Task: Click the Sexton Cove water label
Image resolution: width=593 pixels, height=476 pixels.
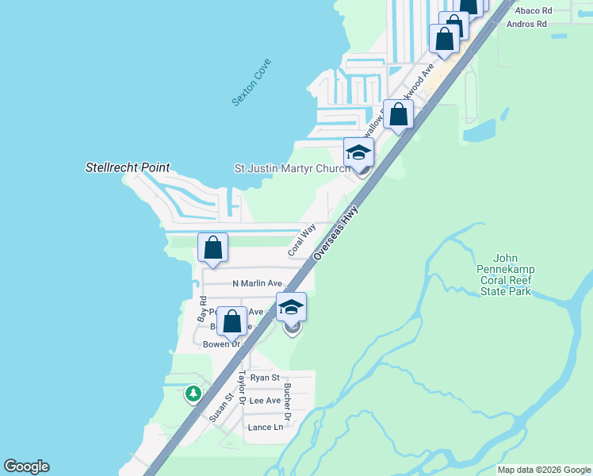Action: coord(251,83)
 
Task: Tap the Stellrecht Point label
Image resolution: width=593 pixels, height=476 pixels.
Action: coord(128,168)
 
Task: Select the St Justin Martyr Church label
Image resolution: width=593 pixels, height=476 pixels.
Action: coord(292,169)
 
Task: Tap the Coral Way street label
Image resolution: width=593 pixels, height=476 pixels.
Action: coord(301,239)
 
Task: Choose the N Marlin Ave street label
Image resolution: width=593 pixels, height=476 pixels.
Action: coord(257,283)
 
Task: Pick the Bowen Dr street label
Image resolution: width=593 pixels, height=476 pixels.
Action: coord(221,344)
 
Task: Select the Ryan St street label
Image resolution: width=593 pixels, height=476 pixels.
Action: coord(265,378)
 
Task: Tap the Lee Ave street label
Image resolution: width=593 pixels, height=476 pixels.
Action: coord(265,401)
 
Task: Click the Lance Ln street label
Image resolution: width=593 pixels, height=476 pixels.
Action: coord(265,428)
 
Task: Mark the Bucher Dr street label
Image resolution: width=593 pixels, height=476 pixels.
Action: coord(287,401)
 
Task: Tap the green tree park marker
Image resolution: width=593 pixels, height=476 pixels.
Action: coord(193,393)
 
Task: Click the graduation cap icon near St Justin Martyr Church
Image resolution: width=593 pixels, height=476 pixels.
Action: coord(358,152)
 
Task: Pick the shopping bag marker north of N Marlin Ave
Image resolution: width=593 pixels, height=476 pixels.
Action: coord(213,248)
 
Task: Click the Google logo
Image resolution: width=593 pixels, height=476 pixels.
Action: coord(26,466)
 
